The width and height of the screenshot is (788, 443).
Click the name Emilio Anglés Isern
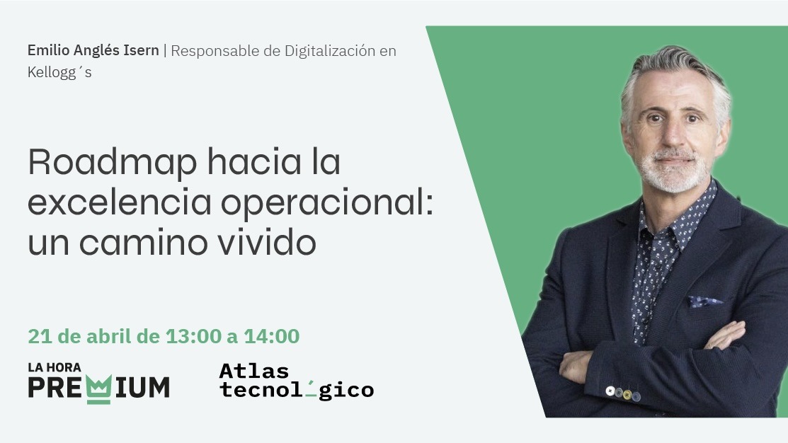[93, 51]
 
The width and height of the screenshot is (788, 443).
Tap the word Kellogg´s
[59, 72]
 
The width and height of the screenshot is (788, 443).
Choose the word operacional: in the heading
[326, 204]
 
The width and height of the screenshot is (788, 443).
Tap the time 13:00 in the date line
[193, 336]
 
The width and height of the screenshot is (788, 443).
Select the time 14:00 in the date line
[272, 336]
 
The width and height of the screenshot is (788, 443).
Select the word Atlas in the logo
[254, 371]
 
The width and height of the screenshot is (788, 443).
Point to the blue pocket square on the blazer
[704, 301]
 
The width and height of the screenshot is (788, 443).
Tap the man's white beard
[672, 173]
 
